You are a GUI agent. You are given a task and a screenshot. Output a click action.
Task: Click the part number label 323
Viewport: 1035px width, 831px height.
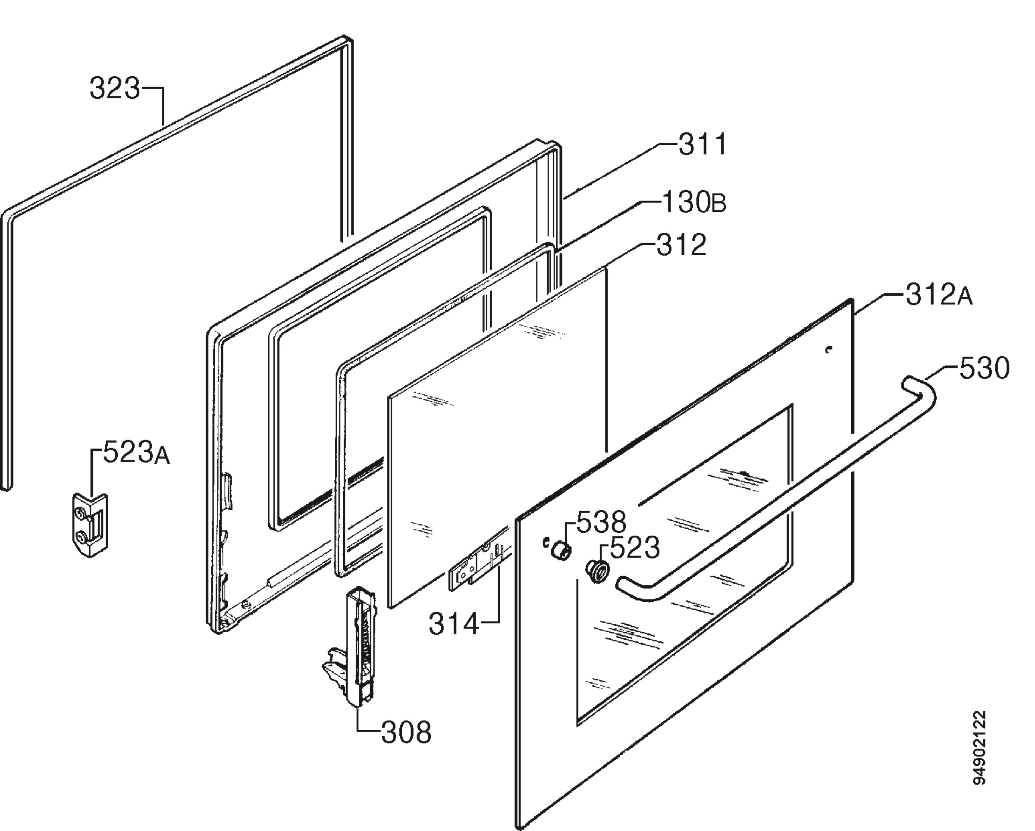[115, 89]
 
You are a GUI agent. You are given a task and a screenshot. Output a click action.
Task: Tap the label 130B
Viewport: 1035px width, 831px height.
[694, 202]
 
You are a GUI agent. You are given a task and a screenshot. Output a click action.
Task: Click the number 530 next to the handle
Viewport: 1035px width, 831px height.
[984, 369]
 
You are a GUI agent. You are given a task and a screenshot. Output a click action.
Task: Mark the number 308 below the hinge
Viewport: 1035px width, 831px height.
[406, 733]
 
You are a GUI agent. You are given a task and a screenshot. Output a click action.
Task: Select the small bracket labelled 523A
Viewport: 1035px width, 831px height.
[90, 525]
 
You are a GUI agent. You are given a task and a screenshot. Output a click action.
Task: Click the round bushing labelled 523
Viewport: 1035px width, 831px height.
[596, 571]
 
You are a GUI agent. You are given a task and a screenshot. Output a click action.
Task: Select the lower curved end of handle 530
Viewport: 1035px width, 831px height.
[634, 589]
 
